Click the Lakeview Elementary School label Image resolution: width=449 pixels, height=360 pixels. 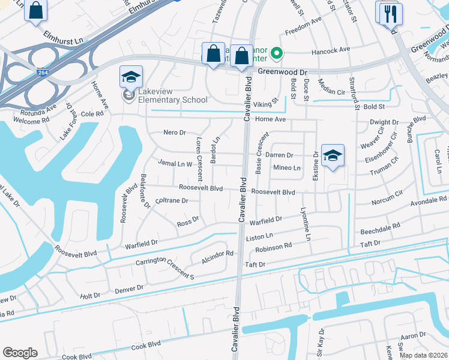click(x=173, y=95)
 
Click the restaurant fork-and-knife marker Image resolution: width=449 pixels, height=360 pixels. click(x=392, y=12)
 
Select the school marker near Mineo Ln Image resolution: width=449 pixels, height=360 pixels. click(x=333, y=156)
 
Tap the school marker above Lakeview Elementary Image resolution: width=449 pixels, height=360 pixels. click(x=131, y=77)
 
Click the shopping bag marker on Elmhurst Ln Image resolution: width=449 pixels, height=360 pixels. click(x=36, y=10)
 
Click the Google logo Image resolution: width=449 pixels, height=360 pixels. click(x=20, y=353)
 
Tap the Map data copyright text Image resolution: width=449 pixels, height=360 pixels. click(x=424, y=355)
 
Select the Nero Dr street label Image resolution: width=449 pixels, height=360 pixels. click(x=175, y=132)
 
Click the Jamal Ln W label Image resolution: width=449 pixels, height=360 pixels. click(x=175, y=163)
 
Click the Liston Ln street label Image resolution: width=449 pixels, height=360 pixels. click(x=260, y=236)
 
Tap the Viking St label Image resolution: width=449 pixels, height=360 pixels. click(x=267, y=103)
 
